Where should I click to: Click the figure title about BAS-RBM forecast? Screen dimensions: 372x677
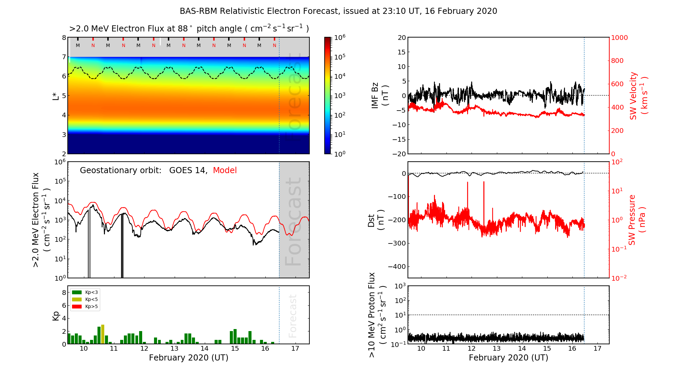[338, 11]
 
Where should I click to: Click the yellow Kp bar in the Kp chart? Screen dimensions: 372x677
[103, 334]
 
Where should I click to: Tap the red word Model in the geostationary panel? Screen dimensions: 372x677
[225, 170]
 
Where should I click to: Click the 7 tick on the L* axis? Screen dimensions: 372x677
[64, 57]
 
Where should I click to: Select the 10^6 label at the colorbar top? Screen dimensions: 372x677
[340, 37]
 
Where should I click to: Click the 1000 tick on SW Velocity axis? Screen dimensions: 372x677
[619, 38]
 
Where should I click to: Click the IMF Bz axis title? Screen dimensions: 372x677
[379, 96]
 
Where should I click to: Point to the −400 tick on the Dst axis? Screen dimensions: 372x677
[397, 266]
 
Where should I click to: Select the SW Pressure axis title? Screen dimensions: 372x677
[637, 220]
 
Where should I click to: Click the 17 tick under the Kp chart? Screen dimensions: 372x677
[295, 349]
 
